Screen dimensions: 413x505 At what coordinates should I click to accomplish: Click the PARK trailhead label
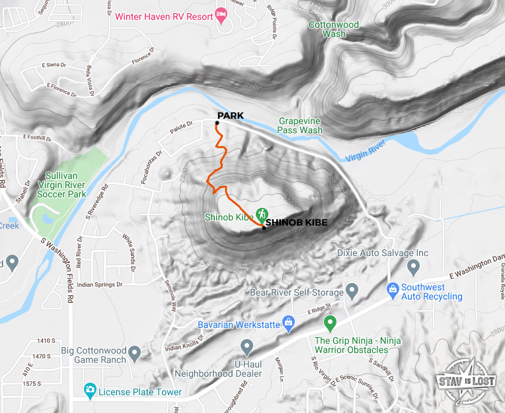click(230, 116)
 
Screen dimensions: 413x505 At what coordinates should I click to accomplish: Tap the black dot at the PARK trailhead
click(217, 123)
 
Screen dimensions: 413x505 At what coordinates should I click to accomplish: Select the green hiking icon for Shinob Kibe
click(262, 214)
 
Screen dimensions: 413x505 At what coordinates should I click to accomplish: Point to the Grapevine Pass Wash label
click(301, 125)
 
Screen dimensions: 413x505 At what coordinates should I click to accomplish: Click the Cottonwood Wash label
click(334, 30)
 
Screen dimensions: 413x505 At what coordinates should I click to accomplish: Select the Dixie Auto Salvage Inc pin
click(414, 267)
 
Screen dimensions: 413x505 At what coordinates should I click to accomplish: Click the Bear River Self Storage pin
click(352, 291)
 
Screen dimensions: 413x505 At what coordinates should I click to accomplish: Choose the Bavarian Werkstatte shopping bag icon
click(288, 323)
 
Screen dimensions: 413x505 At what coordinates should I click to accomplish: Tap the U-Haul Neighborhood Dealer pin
click(247, 346)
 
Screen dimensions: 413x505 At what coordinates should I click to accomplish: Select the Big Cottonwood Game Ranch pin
click(135, 354)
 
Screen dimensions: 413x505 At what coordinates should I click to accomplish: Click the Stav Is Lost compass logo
click(467, 381)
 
